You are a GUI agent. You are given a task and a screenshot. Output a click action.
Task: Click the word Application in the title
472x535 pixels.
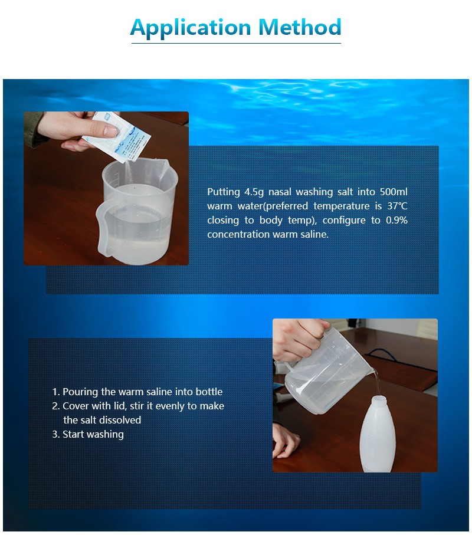(x=191, y=28)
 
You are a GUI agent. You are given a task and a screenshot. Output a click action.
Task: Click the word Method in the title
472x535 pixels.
(x=300, y=27)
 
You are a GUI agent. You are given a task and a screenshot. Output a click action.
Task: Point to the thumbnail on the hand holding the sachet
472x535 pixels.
(x=110, y=130)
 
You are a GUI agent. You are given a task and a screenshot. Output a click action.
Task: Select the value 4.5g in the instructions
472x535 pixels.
(x=254, y=192)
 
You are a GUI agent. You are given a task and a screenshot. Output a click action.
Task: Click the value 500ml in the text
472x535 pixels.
(x=394, y=192)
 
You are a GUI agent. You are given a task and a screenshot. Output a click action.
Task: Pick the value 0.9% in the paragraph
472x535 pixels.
(x=396, y=221)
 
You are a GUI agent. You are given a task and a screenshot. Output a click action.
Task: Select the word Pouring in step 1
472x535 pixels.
(x=81, y=392)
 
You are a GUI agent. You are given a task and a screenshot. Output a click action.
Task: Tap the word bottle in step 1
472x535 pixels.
(x=209, y=392)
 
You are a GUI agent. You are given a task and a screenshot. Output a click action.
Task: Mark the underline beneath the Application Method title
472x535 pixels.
(x=236, y=43)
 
